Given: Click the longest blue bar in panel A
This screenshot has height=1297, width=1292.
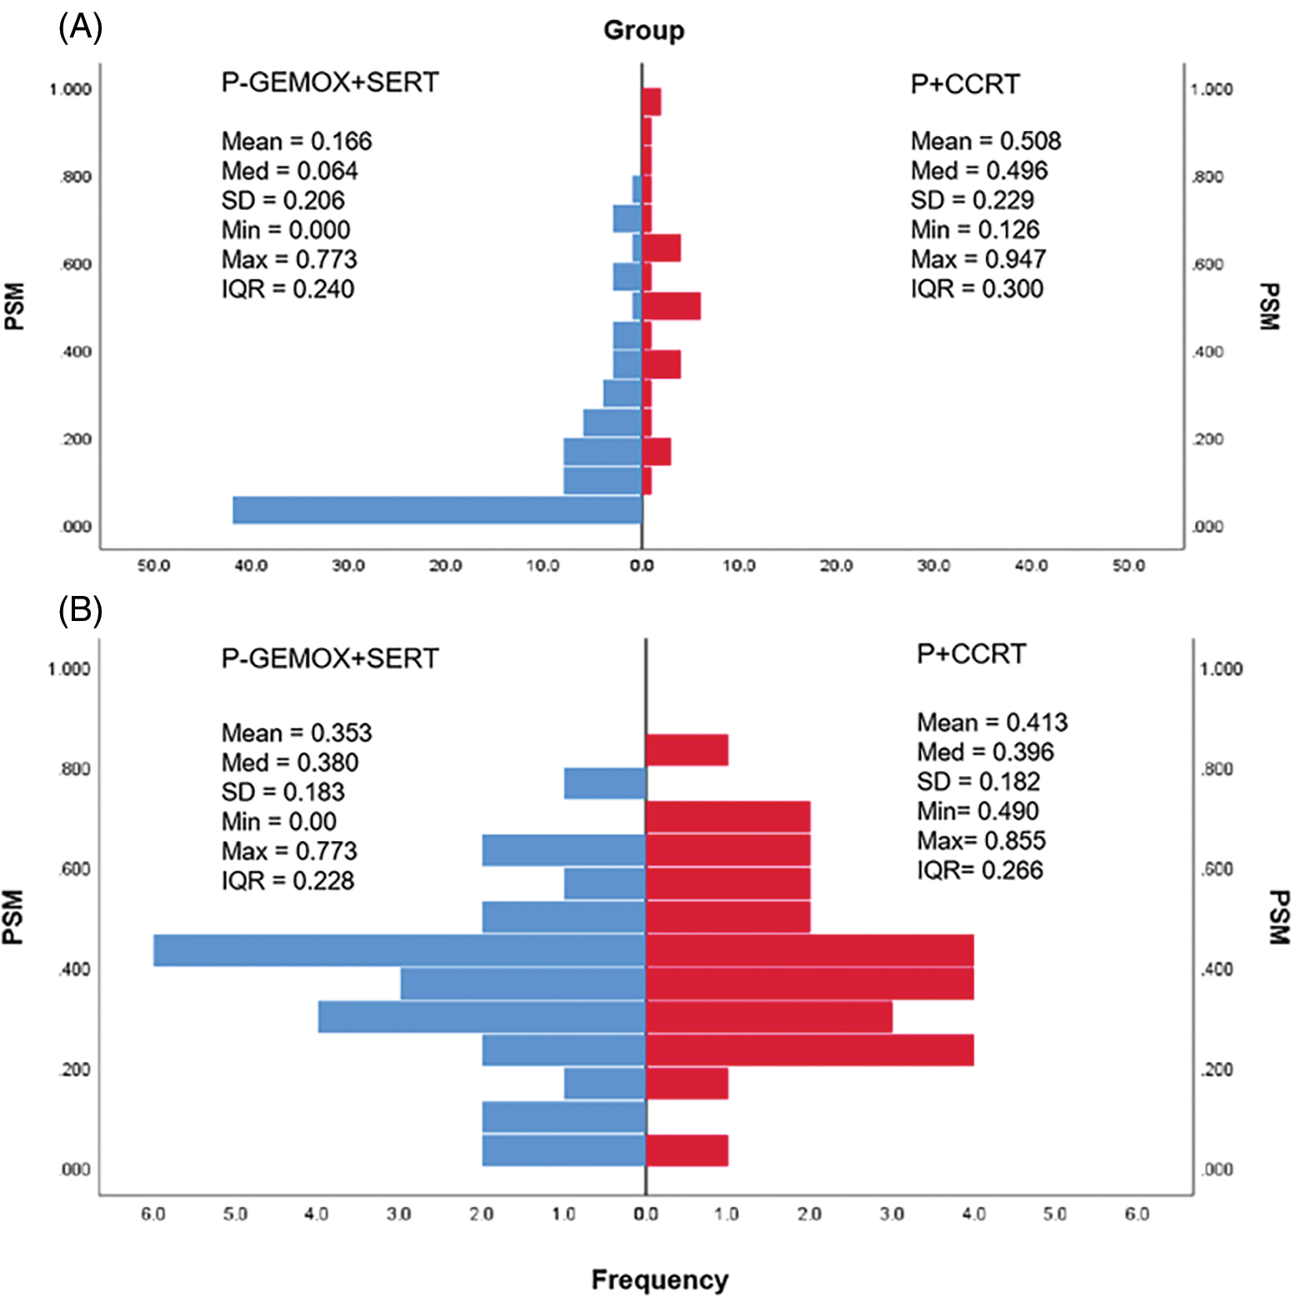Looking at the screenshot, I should click(437, 510).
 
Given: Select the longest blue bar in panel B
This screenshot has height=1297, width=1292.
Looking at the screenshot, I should click(399, 950).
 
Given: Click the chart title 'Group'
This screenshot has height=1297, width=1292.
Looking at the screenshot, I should click(643, 31).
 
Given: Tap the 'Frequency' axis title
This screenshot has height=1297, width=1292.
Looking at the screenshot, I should click(659, 1279).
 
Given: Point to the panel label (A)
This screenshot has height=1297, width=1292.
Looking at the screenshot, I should click(80, 28).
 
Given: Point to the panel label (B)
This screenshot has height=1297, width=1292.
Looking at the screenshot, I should click(80, 610).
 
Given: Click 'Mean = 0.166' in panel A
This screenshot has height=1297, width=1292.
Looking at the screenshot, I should click(297, 141).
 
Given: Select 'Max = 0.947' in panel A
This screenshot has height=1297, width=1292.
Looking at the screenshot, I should click(978, 259).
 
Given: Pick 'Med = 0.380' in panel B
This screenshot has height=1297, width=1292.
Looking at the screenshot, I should click(289, 762).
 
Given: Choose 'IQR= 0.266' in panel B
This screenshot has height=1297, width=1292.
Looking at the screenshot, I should click(979, 869).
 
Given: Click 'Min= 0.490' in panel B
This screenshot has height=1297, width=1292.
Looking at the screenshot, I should click(978, 810).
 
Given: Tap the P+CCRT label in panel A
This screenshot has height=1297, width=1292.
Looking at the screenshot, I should click(964, 84).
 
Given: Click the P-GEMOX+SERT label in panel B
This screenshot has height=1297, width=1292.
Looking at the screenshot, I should click(329, 659).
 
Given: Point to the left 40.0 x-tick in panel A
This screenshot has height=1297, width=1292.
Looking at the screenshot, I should click(251, 566).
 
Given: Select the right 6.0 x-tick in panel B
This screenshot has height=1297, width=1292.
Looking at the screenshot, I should click(1137, 1214).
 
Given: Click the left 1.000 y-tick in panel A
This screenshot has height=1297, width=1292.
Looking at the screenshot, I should click(70, 89).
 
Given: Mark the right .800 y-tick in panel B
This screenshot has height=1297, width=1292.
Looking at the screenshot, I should click(1216, 769).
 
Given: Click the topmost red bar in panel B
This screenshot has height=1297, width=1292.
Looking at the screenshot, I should click(687, 749).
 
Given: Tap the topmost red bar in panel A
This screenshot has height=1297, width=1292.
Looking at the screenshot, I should click(651, 102).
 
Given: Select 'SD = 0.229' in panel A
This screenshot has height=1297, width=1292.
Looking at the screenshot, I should click(972, 200).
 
